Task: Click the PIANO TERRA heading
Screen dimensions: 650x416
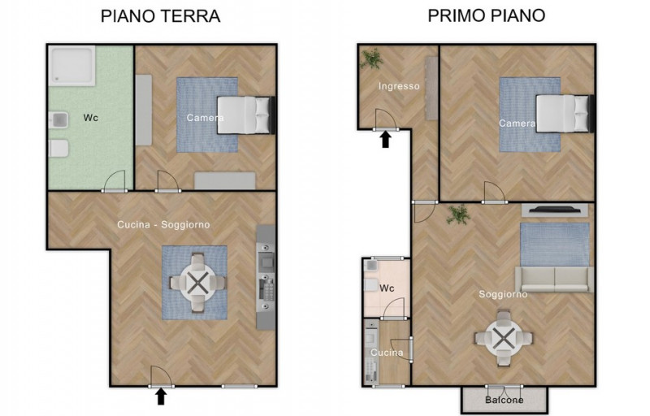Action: coord(160,16)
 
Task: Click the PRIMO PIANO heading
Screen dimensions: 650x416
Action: coord(486,15)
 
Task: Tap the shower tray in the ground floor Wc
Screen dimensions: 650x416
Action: coord(71,66)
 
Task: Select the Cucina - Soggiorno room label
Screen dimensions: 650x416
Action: coord(163,224)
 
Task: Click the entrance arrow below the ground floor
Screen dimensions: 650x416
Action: coord(161,396)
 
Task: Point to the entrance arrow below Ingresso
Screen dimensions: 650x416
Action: coord(385,139)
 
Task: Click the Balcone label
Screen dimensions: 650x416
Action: coord(504,401)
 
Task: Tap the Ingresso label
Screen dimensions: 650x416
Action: coord(399,86)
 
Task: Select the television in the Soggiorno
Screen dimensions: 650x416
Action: coord(555,210)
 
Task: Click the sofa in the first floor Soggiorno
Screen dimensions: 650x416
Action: coord(554,279)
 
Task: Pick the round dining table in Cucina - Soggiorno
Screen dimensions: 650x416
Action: coord(197,283)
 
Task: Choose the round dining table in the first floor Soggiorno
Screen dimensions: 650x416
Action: coord(504,339)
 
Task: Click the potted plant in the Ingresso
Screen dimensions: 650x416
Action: coord(371,58)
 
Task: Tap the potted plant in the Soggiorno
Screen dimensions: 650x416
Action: coord(458,214)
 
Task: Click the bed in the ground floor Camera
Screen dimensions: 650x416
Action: coord(246,115)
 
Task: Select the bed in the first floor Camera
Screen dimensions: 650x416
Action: coord(565,114)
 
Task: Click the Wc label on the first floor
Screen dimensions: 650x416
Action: coord(387,288)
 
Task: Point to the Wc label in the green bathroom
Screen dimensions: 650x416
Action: coord(91,118)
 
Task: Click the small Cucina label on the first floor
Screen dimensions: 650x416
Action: coord(387,353)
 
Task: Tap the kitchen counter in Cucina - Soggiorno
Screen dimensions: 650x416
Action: coord(266,277)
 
